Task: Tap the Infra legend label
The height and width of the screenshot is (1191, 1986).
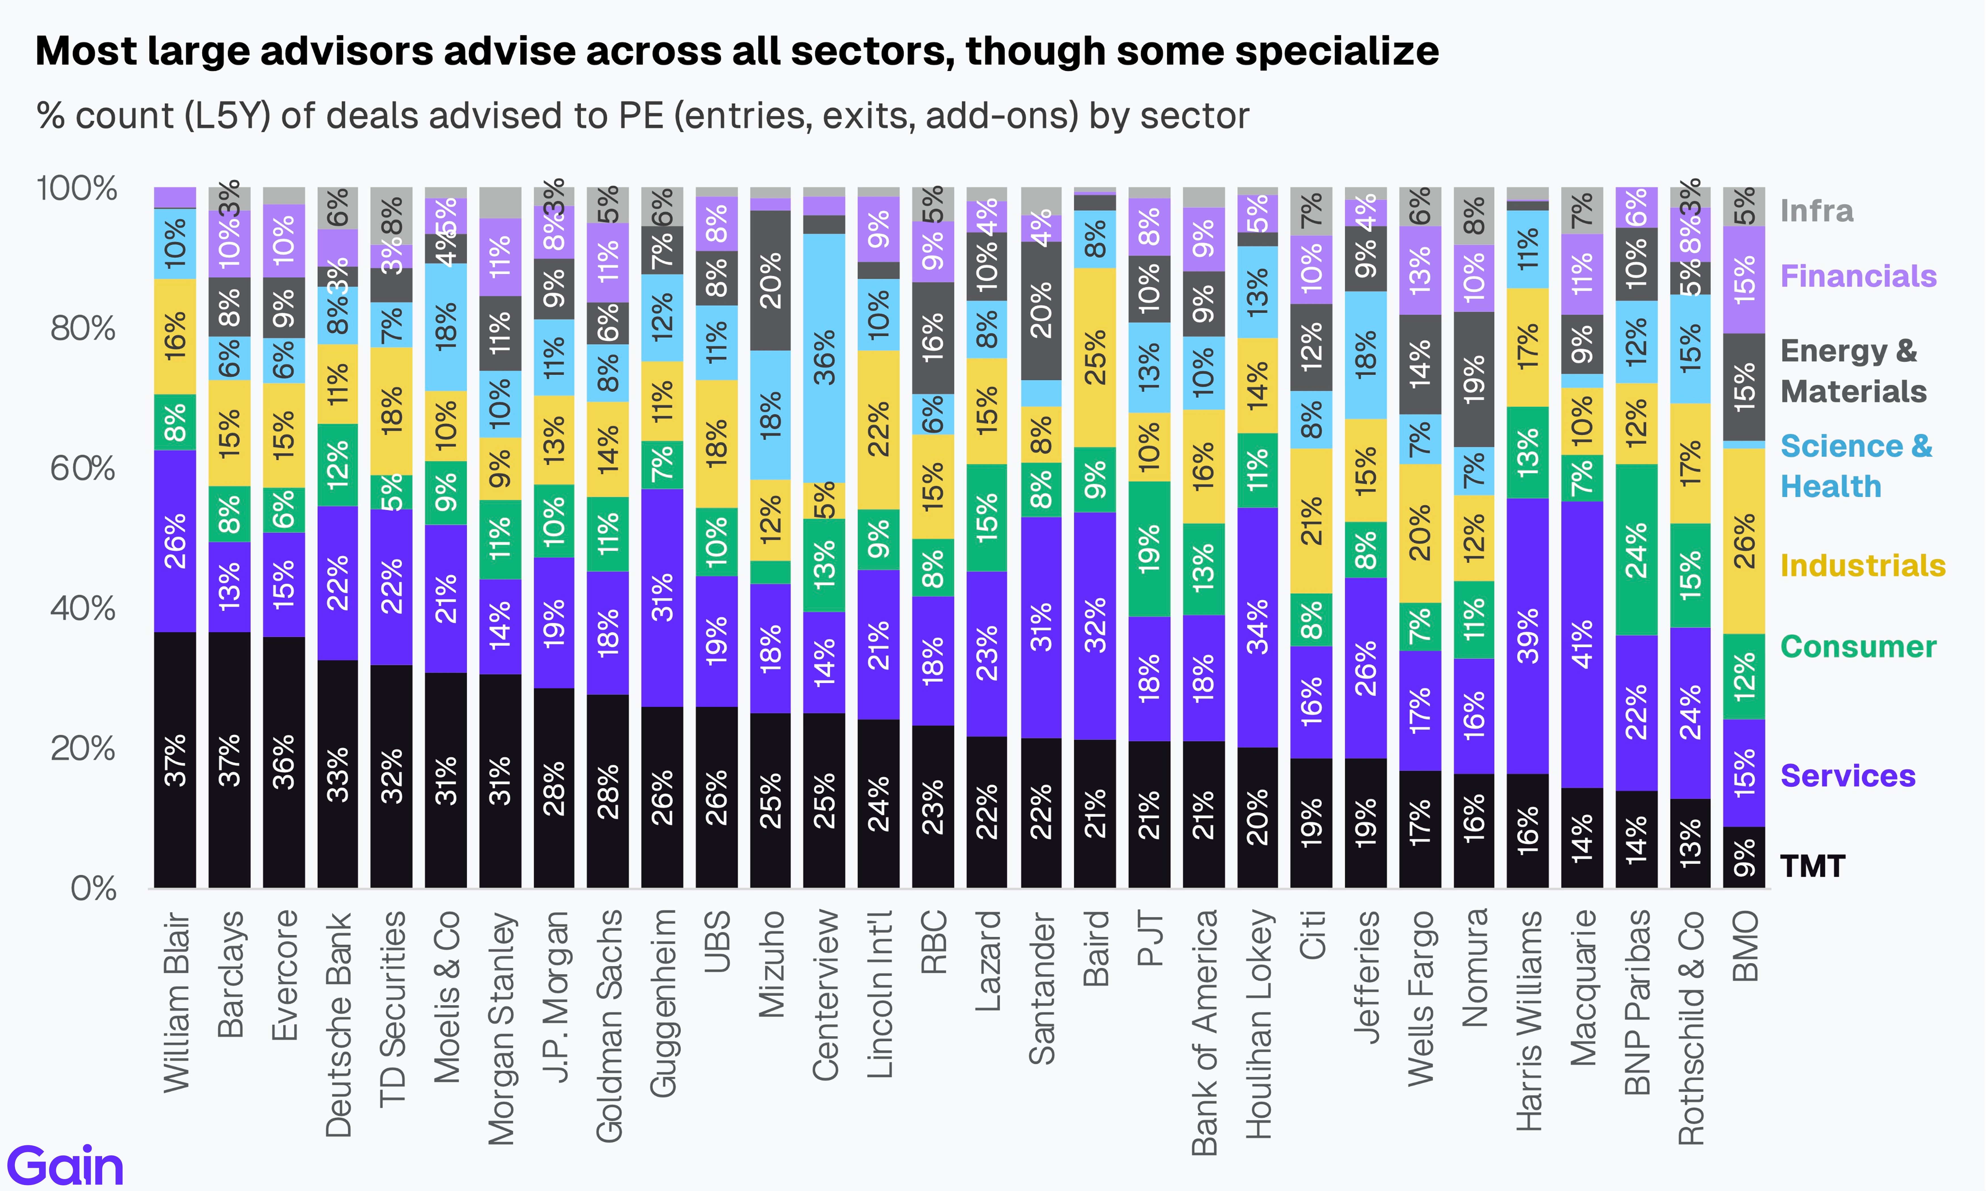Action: pyautogui.click(x=1817, y=211)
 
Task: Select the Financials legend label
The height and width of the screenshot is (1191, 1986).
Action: pyautogui.click(x=1857, y=276)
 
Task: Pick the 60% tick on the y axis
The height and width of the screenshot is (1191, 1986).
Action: pyautogui.click(x=83, y=469)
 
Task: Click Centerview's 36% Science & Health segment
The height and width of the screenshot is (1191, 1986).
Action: pyautogui.click(x=824, y=358)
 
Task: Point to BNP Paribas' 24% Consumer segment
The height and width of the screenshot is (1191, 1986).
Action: pyautogui.click(x=1636, y=550)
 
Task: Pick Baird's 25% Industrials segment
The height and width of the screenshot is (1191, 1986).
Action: pyautogui.click(x=1095, y=357)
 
